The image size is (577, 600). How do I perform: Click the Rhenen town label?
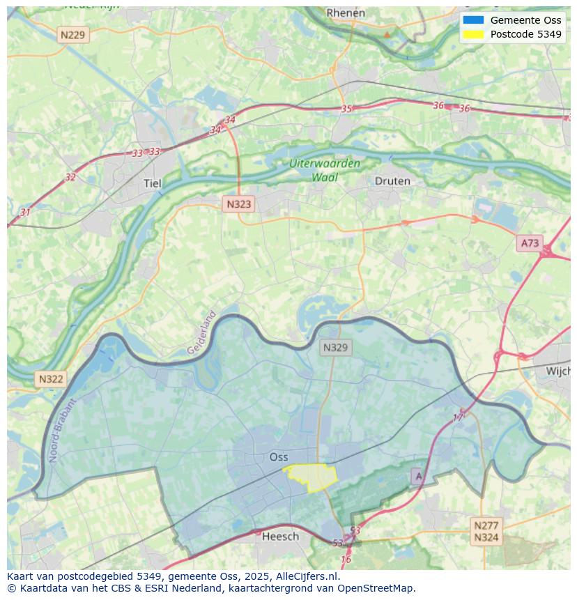click(x=345, y=13)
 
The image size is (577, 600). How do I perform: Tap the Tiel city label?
click(x=152, y=183)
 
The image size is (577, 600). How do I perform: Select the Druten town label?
click(x=392, y=181)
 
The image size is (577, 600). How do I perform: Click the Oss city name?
click(x=278, y=457)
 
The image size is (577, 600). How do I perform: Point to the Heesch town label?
click(x=280, y=536)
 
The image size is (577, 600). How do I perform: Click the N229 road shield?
click(x=73, y=35)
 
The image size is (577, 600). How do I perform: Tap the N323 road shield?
click(x=238, y=204)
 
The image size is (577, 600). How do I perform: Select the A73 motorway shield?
click(x=530, y=243)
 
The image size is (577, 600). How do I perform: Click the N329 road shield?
click(x=336, y=347)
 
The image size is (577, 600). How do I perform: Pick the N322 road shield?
click(x=50, y=379)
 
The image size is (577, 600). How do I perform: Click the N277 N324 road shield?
click(x=486, y=531)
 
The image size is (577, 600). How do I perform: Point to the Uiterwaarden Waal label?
click(x=325, y=170)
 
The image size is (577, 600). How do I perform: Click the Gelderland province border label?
click(x=202, y=332)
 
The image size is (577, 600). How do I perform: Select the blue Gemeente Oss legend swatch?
click(x=472, y=20)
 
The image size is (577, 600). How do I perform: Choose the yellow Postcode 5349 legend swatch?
click(x=472, y=34)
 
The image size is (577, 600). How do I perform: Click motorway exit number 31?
click(x=25, y=212)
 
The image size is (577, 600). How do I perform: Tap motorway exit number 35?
click(x=346, y=109)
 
